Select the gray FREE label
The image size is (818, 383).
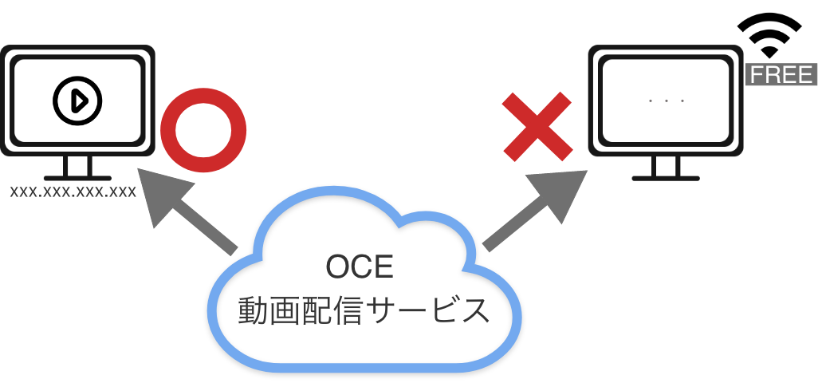pyautogui.click(x=781, y=75)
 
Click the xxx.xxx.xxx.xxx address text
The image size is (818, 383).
pyautogui.click(x=73, y=191)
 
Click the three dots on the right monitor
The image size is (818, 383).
pyautogui.click(x=667, y=101)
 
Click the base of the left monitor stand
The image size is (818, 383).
pyautogui.click(x=77, y=178)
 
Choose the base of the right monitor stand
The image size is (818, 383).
pyautogui.click(x=666, y=178)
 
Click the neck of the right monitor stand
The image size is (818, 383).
pyautogui.click(x=666, y=166)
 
